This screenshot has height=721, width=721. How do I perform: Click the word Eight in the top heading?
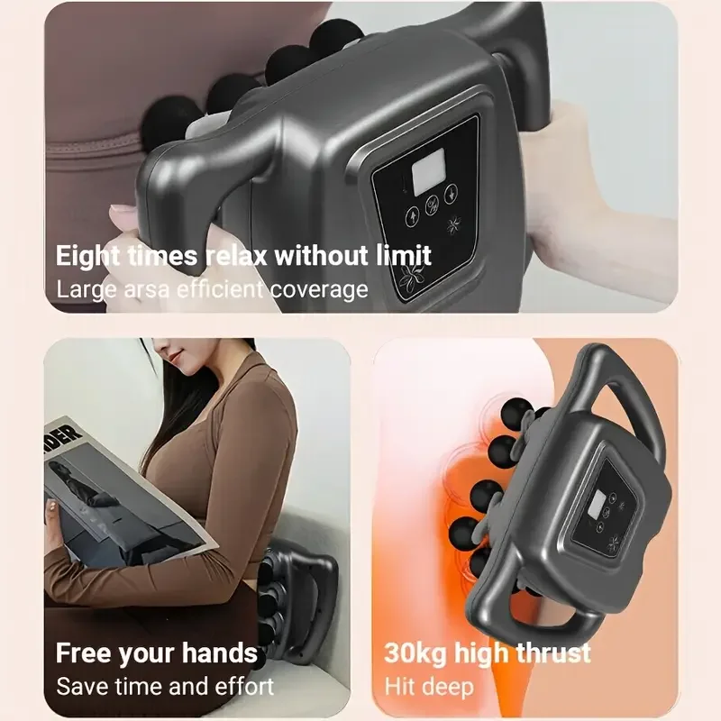pos(87,255)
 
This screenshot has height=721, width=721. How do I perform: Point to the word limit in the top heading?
pos(401,255)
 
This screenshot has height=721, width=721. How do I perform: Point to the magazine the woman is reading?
pos(117,491)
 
